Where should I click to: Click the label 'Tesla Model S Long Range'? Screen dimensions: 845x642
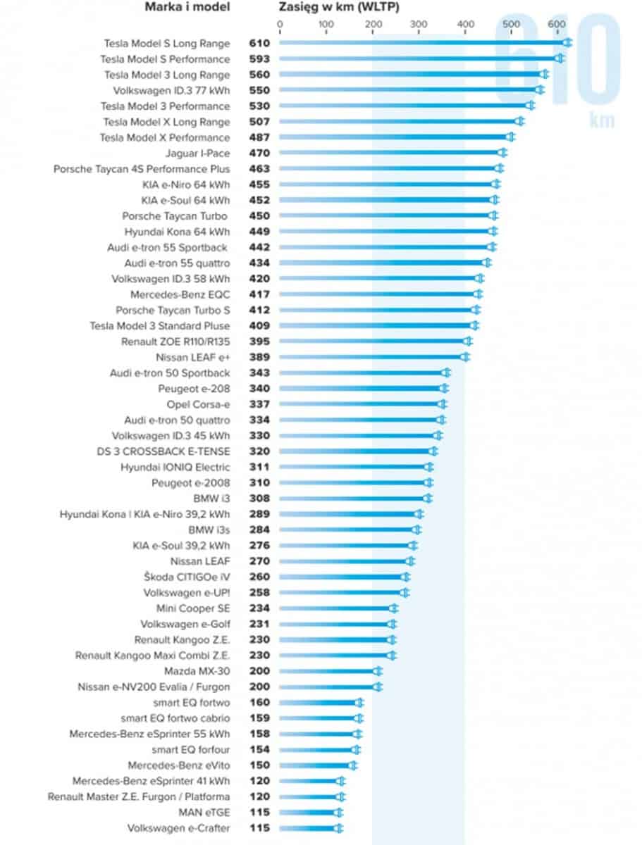167,44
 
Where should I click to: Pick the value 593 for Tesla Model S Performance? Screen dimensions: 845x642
259,59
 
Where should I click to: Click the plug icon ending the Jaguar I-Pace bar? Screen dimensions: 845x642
503,153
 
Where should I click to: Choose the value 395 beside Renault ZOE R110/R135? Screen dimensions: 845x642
259,341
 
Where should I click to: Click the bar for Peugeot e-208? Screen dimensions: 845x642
359,388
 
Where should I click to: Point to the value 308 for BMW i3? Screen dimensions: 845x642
259,498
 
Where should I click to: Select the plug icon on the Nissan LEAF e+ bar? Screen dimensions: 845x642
464,356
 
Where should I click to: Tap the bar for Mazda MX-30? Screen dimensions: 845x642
328,671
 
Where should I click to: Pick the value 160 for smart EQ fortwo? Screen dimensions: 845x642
259,702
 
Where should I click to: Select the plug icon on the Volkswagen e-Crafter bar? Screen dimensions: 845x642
338,828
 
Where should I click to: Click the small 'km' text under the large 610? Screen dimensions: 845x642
602,120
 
